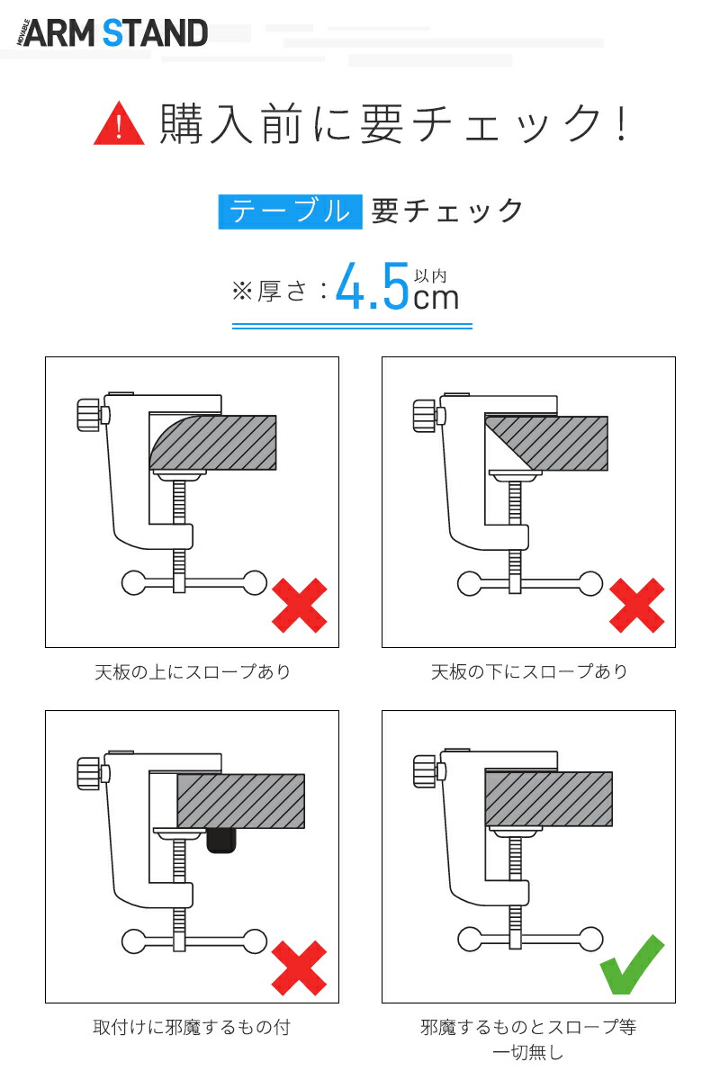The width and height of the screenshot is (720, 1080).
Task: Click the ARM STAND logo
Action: [112, 32]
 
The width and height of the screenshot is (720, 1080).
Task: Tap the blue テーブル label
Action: [290, 211]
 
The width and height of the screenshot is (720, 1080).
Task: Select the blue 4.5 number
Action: [373, 286]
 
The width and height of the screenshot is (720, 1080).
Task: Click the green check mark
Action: [632, 964]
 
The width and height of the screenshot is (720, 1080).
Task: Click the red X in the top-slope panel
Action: [300, 606]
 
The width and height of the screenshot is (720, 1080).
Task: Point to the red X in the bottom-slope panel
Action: [636, 606]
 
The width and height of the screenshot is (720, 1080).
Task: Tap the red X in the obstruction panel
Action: [299, 967]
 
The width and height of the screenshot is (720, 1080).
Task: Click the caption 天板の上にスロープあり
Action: [193, 671]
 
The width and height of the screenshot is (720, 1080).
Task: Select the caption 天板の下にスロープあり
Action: [529, 671]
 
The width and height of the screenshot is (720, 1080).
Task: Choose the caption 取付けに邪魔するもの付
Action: [192, 1027]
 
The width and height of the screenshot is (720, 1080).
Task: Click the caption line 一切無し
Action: [528, 1052]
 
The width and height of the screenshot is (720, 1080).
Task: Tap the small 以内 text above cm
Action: [429, 276]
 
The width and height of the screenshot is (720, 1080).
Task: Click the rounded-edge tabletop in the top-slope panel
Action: [213, 443]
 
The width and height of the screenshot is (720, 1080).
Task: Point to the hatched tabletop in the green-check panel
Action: [549, 799]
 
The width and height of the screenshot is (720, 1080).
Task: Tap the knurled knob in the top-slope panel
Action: [88, 415]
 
